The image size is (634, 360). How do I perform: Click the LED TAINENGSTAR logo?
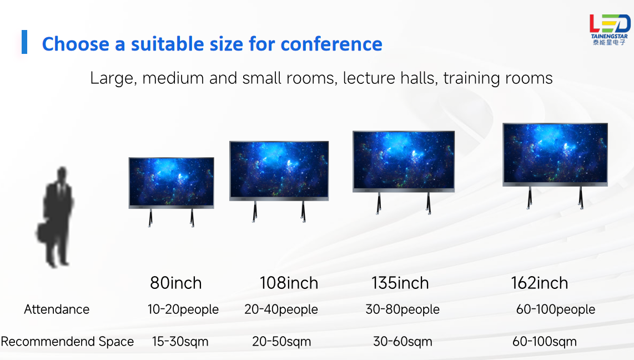click(x=610, y=29)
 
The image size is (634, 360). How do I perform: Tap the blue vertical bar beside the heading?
click(x=24, y=42)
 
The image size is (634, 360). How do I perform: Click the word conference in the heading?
click(x=331, y=44)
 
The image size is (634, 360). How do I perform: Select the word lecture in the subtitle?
click(x=369, y=78)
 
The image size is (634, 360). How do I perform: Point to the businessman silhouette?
click(x=56, y=217)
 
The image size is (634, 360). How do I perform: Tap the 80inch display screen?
click(x=171, y=182)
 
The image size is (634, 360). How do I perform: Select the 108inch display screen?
click(x=279, y=171)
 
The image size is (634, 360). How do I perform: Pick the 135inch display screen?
click(x=404, y=161)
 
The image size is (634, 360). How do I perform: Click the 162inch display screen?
click(x=555, y=154)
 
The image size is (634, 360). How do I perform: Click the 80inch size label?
click(x=176, y=283)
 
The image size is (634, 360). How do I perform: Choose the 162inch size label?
click(x=540, y=283)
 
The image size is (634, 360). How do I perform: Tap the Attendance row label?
click(x=57, y=309)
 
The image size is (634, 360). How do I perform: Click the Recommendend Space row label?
click(x=67, y=342)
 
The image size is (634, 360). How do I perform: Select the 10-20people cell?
click(x=183, y=309)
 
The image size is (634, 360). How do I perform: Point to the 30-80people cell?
click(x=402, y=309)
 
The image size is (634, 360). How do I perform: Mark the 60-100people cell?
click(x=556, y=309)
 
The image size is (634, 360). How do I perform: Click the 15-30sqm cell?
click(x=180, y=342)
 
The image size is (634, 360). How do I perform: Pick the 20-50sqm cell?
click(x=281, y=342)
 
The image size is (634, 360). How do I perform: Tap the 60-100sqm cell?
click(x=545, y=342)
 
